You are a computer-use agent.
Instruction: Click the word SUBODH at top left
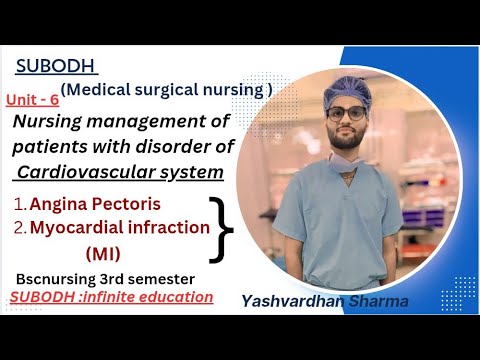[x=56, y=66]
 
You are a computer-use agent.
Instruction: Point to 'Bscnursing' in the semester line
[x=54, y=277]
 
